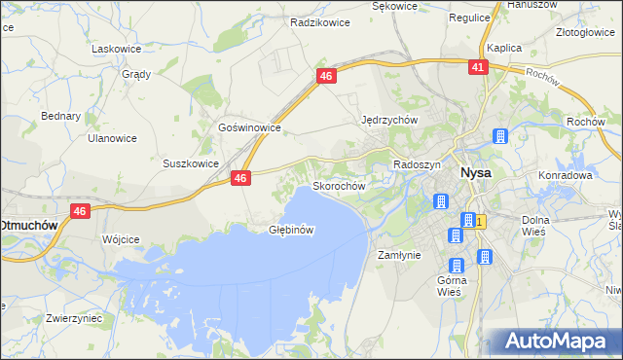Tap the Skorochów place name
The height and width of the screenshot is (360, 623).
(338, 186)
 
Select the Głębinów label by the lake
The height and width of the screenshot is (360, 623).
(290, 231)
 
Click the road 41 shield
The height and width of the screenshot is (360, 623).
(477, 67)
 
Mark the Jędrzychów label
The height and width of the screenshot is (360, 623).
(389, 120)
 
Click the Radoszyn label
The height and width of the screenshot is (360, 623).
(418, 165)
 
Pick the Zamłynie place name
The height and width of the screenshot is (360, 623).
(398, 255)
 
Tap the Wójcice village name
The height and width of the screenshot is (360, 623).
(122, 238)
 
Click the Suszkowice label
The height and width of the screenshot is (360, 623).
(191, 163)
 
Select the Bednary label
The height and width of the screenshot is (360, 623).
(60, 116)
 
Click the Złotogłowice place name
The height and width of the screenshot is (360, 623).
(582, 31)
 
